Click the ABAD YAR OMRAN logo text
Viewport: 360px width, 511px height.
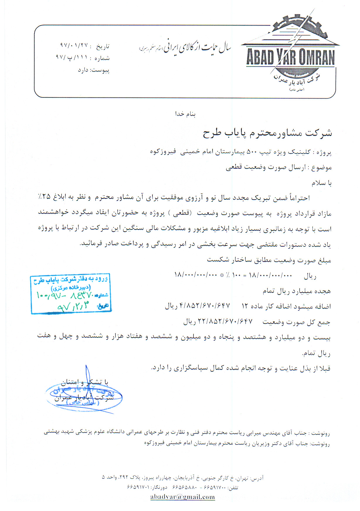coord(290,57)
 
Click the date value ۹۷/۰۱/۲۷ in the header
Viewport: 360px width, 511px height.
coord(74,46)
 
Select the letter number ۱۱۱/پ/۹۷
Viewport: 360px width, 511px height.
coord(72,58)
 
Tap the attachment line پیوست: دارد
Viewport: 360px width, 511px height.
coord(94,70)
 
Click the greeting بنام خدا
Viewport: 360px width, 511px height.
coord(185,114)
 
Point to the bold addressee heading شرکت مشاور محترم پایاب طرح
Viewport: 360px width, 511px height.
coord(267,133)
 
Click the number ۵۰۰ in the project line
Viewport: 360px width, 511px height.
coord(252,152)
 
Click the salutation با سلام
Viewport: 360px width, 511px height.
coord(321,183)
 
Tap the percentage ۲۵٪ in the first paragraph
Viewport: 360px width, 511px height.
coord(44,197)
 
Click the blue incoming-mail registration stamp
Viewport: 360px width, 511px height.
coord(71,294)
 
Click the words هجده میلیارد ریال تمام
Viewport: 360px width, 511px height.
coord(296,291)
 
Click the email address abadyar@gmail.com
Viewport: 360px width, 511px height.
coord(182,497)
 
